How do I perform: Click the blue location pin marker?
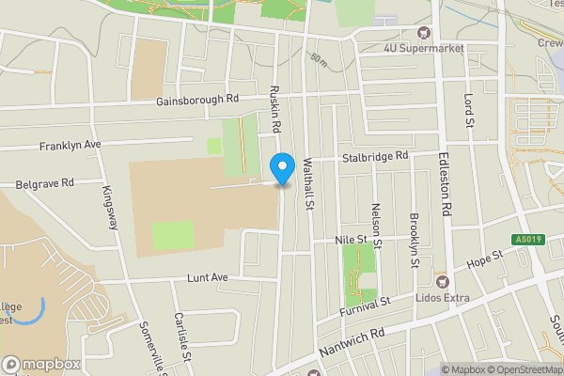click(281, 168)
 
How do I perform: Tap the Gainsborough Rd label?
click(198, 99)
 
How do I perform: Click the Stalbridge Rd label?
click(375, 155)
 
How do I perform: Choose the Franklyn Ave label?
click(70, 146)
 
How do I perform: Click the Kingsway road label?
click(110, 206)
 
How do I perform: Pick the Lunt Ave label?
click(208, 278)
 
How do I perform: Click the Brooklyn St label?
click(415, 241)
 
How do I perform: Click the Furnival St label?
click(365, 307)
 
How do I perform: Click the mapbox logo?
click(41, 364)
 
